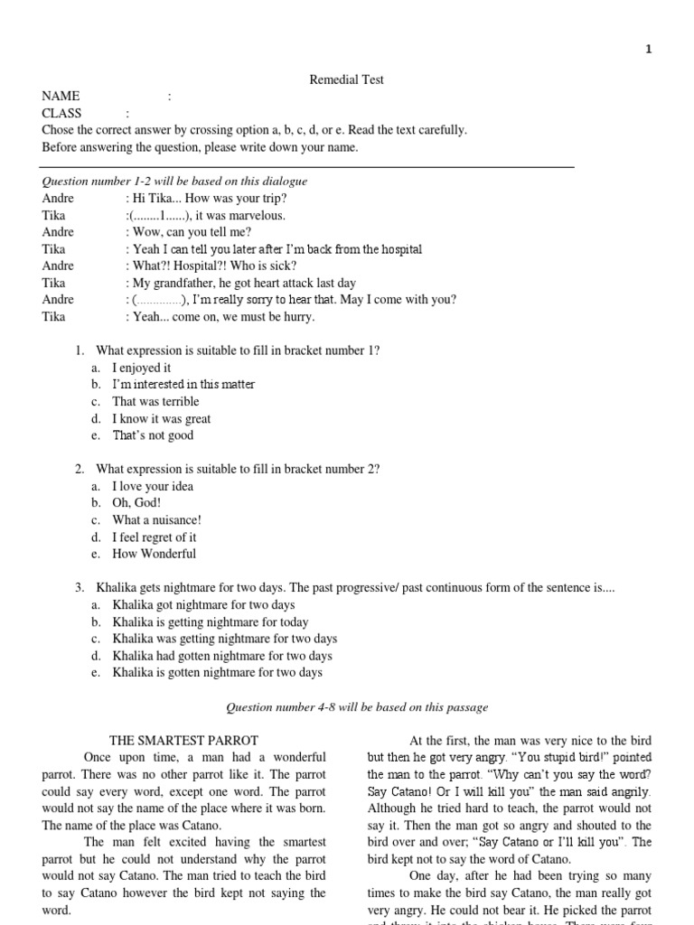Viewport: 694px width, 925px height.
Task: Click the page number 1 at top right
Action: [x=648, y=50]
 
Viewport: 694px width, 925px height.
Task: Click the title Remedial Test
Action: [x=347, y=79]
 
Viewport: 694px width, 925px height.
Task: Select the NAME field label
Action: [x=61, y=96]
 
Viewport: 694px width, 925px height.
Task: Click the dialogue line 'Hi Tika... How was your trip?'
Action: [x=210, y=198]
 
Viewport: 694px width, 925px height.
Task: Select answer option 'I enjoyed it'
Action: [x=141, y=368]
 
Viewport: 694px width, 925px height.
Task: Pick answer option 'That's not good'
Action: [x=153, y=435]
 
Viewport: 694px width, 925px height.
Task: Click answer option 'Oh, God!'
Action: [x=136, y=503]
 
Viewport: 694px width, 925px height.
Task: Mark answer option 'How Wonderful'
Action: [x=154, y=554]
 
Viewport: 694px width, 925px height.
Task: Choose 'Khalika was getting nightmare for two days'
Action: [x=224, y=639]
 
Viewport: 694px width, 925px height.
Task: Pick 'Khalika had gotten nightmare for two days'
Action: [x=221, y=656]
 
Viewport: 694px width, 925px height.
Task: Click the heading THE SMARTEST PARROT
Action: [x=183, y=740]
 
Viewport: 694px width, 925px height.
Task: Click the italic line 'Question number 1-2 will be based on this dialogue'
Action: [x=174, y=181]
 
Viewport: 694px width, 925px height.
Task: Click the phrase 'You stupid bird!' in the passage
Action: [x=570, y=757]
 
